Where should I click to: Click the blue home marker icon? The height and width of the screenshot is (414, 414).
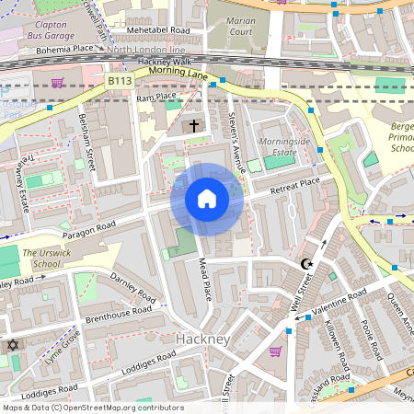click(207, 199)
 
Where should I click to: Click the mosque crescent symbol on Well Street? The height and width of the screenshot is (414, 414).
click(307, 265)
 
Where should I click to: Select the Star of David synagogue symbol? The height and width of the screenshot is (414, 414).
click(13, 345)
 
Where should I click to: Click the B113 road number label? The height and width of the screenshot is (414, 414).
click(118, 82)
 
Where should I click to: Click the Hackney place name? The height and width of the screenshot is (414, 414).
click(201, 339)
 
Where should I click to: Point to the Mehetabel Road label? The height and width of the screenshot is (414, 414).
click(157, 30)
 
